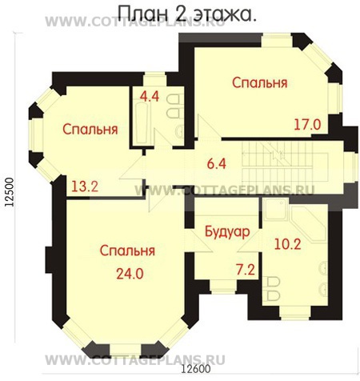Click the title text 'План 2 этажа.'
(x=187, y=14)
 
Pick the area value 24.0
(x=127, y=272)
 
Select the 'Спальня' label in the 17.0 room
(x=260, y=82)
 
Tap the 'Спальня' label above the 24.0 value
(x=127, y=251)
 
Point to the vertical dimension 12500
(x=10, y=192)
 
